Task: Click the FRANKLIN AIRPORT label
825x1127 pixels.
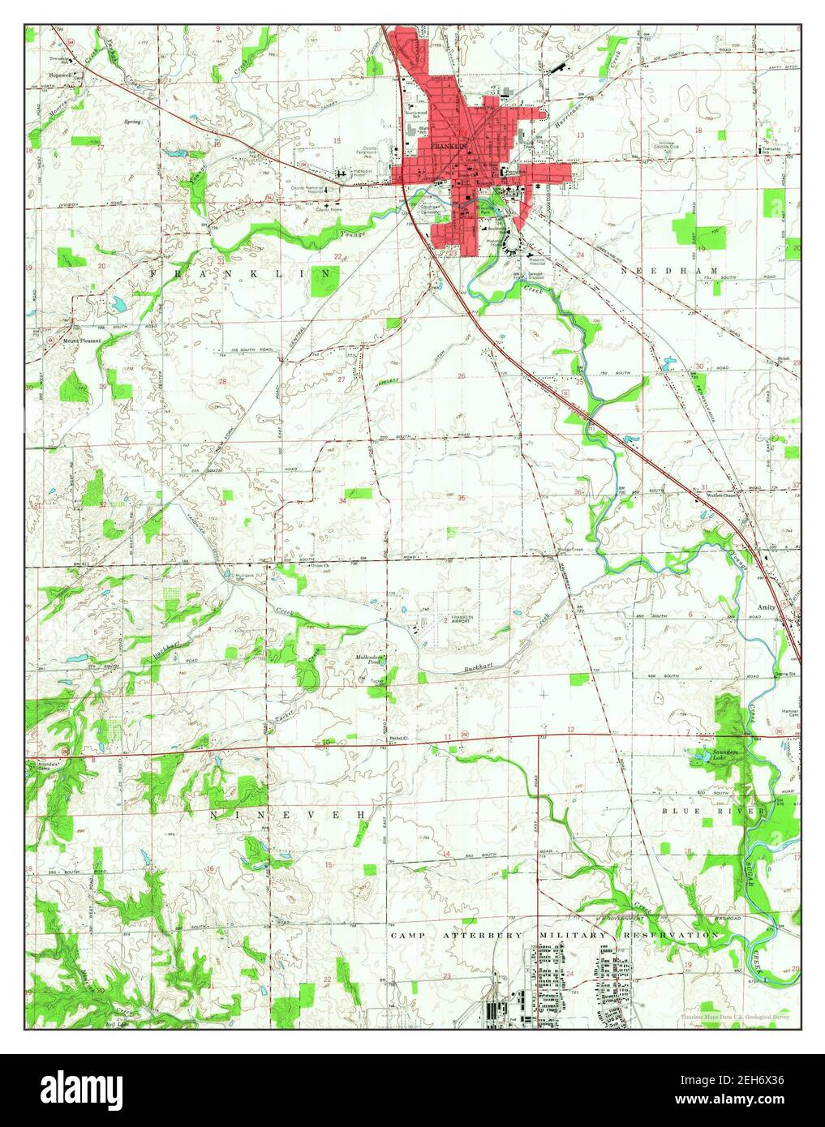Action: point(462,621)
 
